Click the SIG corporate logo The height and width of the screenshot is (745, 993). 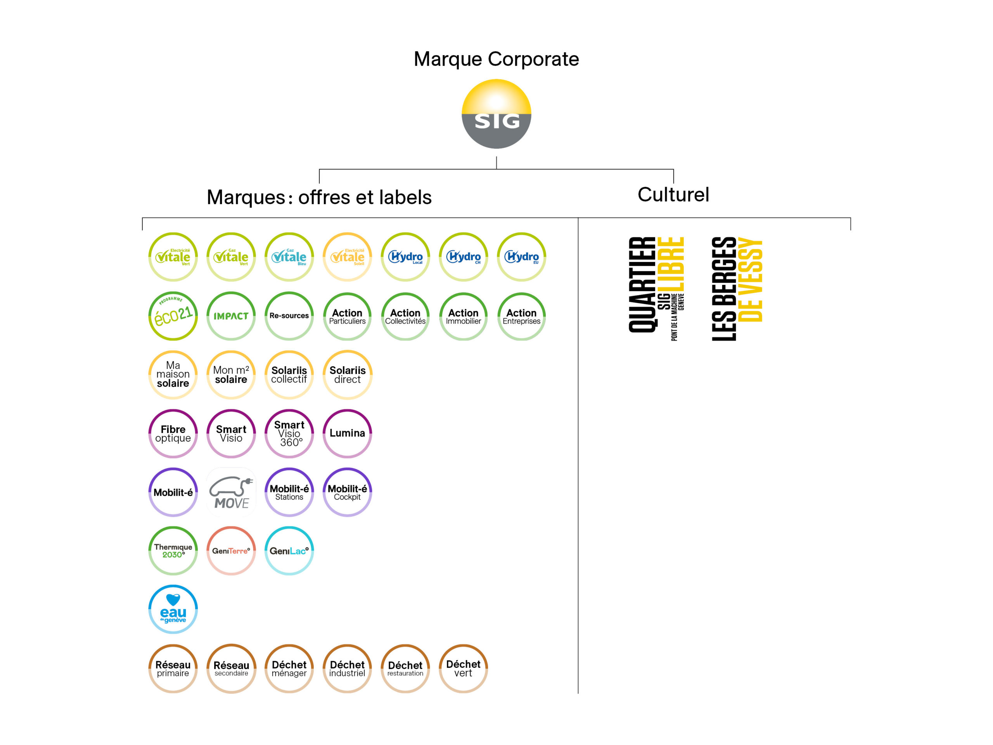[x=496, y=114]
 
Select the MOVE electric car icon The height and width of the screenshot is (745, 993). [x=231, y=492]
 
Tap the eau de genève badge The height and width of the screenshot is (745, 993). [x=173, y=609]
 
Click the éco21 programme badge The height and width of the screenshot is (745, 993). [x=173, y=316]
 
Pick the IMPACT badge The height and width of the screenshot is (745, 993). [x=231, y=316]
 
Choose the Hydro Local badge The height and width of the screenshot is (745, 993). [x=405, y=257]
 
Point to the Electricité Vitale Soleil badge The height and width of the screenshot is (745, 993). [x=348, y=257]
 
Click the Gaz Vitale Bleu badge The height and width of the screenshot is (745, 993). [x=289, y=257]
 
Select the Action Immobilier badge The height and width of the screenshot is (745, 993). [x=463, y=316]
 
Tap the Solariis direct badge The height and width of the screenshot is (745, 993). [x=348, y=374]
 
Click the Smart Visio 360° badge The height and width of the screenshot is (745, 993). [x=289, y=433]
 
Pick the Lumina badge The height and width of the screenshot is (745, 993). [x=348, y=433]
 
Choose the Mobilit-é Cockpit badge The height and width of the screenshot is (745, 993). [x=348, y=492]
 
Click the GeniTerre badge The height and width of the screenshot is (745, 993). [x=231, y=551]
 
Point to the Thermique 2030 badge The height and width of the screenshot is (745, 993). [x=173, y=551]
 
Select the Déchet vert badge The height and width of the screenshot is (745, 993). [x=463, y=668]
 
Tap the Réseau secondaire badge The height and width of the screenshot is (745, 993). [x=231, y=668]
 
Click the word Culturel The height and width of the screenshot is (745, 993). [x=673, y=194]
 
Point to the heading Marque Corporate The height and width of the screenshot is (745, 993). [x=496, y=59]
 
